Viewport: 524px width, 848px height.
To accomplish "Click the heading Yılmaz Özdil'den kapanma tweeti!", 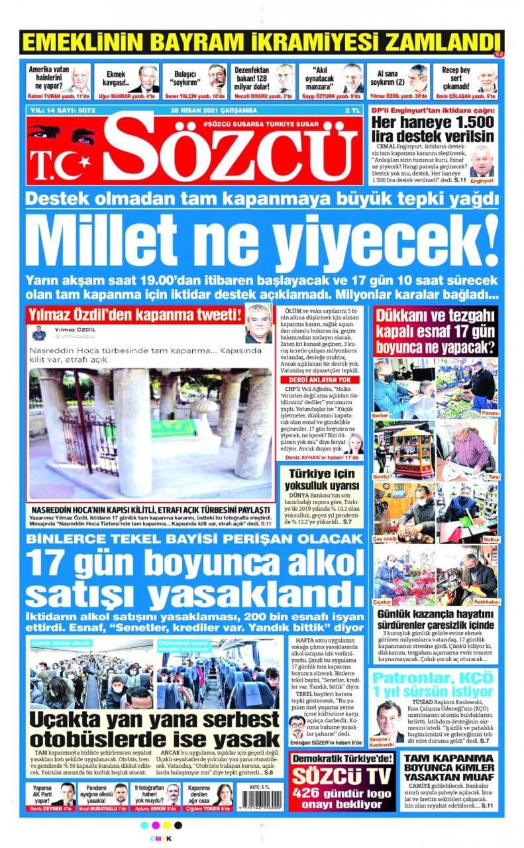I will click(133, 314).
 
